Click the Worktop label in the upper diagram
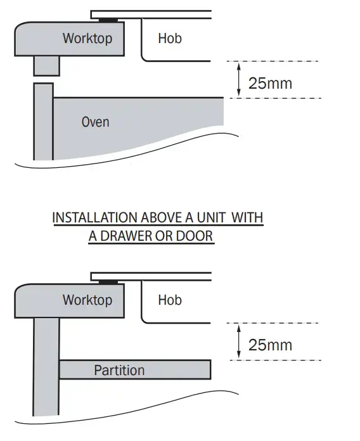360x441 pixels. tap(87, 38)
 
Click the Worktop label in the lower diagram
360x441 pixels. tap(87, 300)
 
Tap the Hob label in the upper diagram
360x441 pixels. tap(170, 38)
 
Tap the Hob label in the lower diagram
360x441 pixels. tap(170, 300)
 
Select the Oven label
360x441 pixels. tap(95, 122)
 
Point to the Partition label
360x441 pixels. tap(119, 370)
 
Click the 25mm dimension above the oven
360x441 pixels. tap(270, 83)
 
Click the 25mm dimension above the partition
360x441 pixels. tap(270, 345)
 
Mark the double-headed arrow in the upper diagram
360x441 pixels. tap(239, 80)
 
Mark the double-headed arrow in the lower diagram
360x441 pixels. tap(239, 342)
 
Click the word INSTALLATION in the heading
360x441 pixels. tap(95, 218)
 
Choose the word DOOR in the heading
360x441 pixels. tap(195, 236)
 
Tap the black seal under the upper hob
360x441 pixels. tap(108, 20)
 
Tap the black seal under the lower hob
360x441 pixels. tap(108, 282)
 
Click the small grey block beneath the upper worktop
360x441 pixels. tap(47, 65)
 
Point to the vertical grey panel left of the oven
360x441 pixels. tap(44, 122)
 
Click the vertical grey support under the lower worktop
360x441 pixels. tap(46, 366)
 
